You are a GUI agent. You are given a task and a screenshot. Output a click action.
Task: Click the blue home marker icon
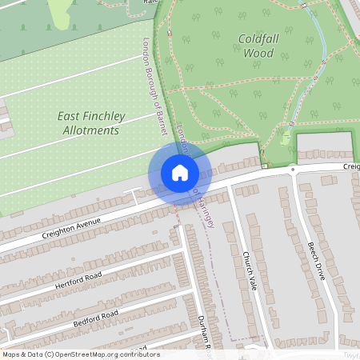(x=180, y=173)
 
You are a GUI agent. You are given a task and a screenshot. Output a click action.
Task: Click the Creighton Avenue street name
(x=73, y=227)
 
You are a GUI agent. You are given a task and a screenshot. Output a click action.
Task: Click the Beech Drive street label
(x=317, y=260)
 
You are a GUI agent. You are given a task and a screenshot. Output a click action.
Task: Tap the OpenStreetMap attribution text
(x=80, y=354)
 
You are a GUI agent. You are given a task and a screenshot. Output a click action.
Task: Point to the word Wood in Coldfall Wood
(x=258, y=54)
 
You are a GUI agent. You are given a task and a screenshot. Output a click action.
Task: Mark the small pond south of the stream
(x=286, y=140)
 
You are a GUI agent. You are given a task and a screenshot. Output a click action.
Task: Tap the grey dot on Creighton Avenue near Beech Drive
(x=294, y=170)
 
